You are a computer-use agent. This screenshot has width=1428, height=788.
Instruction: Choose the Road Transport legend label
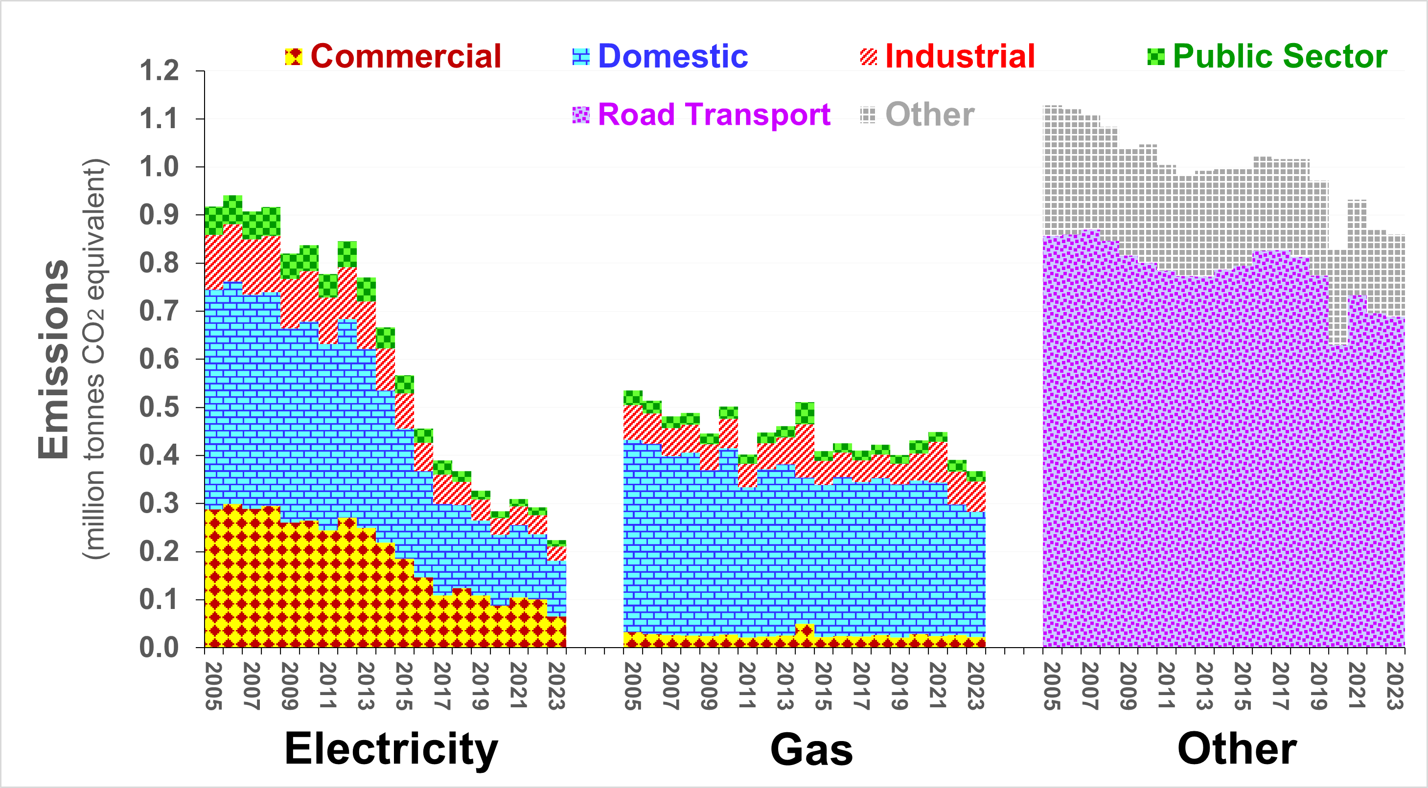[x=714, y=115]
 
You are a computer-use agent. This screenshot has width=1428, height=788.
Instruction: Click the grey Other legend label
[x=930, y=115]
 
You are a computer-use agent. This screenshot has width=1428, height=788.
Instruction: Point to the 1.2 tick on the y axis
[x=159, y=71]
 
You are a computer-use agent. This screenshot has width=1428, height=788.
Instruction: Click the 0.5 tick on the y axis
[x=159, y=407]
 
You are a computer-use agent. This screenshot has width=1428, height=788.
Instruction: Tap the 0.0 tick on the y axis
[x=159, y=647]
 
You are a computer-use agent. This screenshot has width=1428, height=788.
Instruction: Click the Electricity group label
[x=391, y=749]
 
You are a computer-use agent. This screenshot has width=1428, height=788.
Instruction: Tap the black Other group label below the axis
[x=1237, y=749]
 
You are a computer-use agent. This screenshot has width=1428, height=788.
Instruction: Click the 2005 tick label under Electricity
[x=213, y=686]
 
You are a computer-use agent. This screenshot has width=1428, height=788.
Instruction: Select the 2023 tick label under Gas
[x=975, y=686]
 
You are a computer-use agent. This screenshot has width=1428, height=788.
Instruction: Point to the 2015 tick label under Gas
[x=823, y=686]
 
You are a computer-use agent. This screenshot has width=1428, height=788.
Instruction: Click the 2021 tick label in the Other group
[x=1356, y=686]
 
